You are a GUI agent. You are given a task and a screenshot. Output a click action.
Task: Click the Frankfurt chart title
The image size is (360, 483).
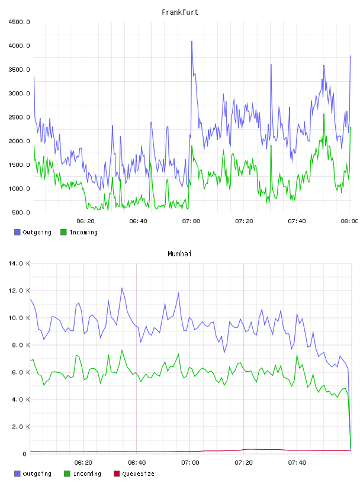pyautogui.click(x=180, y=12)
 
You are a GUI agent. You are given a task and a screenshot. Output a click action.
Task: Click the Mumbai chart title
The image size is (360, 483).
pyautogui.click(x=179, y=253)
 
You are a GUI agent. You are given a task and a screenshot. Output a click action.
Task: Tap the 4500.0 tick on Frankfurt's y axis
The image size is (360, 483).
pyautogui.click(x=19, y=22)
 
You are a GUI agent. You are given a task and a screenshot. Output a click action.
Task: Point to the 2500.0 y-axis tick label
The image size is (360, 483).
pyautogui.click(x=19, y=117)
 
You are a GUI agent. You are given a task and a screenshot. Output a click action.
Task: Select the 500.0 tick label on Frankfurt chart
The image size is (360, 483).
pyautogui.click(x=21, y=212)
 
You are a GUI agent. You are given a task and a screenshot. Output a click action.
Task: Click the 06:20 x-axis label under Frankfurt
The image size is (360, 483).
pyautogui.click(x=85, y=221)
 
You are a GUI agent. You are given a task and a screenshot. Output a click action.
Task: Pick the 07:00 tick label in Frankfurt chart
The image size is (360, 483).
pyautogui.click(x=191, y=221)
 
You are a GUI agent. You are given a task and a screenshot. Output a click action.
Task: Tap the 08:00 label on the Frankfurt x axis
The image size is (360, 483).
pyautogui.click(x=349, y=221)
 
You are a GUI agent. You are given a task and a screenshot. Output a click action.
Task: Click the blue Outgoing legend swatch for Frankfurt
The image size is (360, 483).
pyautogui.click(x=17, y=232)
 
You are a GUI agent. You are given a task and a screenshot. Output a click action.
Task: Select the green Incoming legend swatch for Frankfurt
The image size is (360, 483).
pyautogui.click(x=63, y=232)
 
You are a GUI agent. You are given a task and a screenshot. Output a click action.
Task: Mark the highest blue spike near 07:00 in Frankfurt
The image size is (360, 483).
pyautogui.click(x=192, y=41)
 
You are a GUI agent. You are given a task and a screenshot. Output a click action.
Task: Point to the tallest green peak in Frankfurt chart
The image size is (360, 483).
pyautogui.click(x=324, y=114)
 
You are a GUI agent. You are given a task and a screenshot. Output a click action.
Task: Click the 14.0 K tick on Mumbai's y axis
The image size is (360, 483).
pyautogui.click(x=19, y=263)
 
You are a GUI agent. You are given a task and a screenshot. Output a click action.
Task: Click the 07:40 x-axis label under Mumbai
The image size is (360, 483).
pyautogui.click(x=297, y=462)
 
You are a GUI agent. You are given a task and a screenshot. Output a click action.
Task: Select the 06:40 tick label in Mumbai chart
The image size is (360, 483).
pyautogui.click(x=137, y=462)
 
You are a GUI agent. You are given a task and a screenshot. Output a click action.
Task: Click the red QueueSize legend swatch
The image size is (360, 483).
pyautogui.click(x=117, y=474)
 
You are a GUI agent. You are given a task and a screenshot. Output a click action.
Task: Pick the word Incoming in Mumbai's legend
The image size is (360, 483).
pyautogui.click(x=87, y=474)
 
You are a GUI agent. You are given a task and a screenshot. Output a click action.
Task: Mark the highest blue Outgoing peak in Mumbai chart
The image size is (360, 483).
pyautogui.click(x=122, y=288)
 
